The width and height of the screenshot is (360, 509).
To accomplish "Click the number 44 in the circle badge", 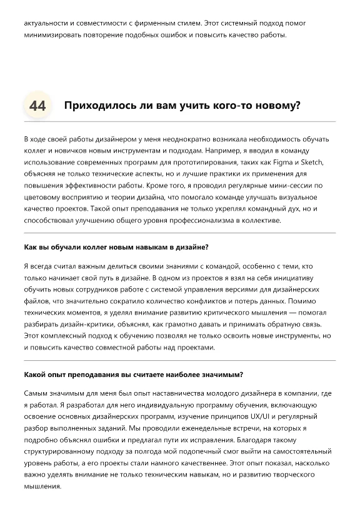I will coord(37,106).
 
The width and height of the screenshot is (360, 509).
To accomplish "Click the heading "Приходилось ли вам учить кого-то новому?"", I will coord(182,105).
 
